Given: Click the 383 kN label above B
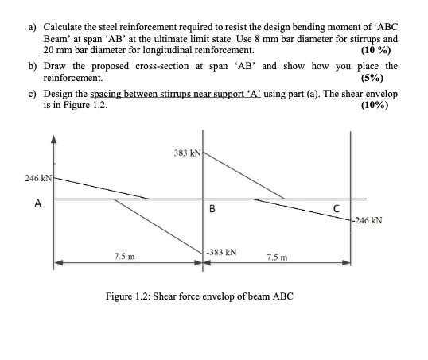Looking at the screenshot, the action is tap(187, 151).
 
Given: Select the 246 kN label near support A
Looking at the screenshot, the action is tap(38, 180).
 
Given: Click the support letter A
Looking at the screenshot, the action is tap(36, 203).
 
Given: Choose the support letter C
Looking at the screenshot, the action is tap(337, 209).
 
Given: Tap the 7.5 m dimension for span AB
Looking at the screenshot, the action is tap(124, 256).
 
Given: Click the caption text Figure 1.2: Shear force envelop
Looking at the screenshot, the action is tap(200, 296).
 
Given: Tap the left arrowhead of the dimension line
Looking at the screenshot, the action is tap(57, 264).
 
